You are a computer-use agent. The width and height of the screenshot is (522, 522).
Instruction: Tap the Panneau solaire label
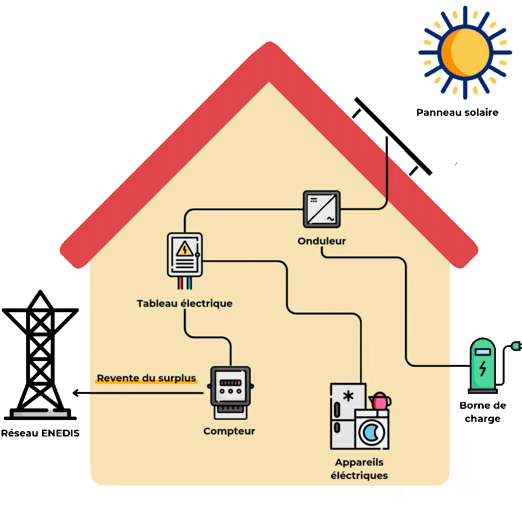tap(457, 113)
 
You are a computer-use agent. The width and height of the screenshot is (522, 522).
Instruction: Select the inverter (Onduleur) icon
tap(321, 209)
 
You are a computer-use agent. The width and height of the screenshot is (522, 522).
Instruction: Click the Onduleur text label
tap(322, 241)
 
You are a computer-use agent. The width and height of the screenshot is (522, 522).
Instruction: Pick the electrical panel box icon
tap(185, 255)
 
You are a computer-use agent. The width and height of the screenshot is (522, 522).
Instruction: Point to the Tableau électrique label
tap(185, 304)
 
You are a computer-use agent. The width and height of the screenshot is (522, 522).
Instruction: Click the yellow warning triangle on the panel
tap(184, 249)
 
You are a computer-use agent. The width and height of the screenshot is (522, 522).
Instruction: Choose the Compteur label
tap(229, 431)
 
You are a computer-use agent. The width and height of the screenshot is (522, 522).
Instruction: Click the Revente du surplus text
tap(146, 378)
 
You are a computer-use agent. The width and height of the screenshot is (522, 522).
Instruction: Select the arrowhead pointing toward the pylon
tap(76, 393)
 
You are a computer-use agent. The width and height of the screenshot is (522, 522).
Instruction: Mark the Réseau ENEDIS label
tap(40, 433)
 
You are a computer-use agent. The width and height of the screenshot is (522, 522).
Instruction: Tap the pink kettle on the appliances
tap(380, 401)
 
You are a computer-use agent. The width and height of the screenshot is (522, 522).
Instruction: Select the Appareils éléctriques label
tap(359, 469)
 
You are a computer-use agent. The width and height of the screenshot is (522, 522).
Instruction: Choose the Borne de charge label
tap(482, 412)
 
